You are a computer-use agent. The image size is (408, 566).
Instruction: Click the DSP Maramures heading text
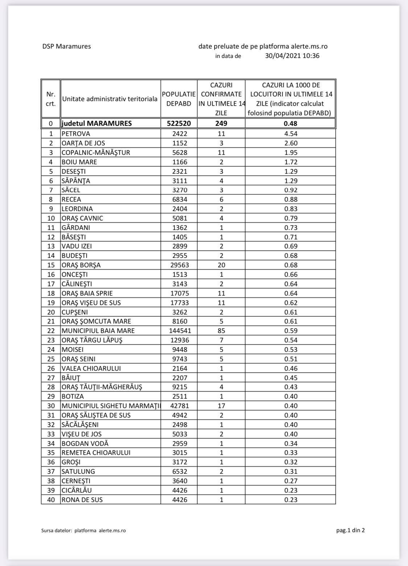click(66, 46)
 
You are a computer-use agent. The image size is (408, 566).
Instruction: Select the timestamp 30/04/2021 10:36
click(292, 56)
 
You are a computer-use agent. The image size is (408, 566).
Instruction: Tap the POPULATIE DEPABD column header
click(179, 99)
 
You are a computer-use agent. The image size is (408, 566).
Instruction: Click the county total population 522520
click(179, 123)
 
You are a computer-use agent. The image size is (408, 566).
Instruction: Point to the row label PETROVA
click(76, 134)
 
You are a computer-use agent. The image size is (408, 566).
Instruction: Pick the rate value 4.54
click(290, 134)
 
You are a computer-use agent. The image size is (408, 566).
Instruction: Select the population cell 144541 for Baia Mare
click(179, 331)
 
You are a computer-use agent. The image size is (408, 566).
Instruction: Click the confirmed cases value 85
click(221, 331)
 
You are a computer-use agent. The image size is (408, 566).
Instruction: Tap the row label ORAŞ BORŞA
click(81, 265)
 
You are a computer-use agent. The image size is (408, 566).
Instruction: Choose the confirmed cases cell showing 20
click(221, 265)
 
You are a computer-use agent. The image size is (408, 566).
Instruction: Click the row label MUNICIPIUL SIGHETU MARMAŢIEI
click(111, 406)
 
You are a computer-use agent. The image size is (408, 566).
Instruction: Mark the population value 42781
click(179, 406)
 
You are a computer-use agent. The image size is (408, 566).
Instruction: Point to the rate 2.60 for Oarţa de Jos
click(290, 143)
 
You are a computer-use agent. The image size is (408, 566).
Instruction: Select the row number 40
click(51, 500)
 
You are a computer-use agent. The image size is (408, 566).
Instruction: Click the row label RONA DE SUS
click(82, 500)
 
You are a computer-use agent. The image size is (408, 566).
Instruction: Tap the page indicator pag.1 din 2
click(350, 530)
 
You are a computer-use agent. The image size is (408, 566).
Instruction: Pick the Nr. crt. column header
click(51, 99)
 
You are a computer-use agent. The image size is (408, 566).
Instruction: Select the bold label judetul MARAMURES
click(96, 123)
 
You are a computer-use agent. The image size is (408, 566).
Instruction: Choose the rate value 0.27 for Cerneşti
click(290, 481)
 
